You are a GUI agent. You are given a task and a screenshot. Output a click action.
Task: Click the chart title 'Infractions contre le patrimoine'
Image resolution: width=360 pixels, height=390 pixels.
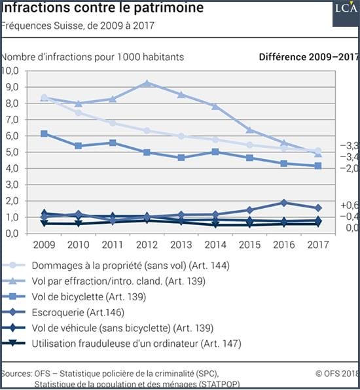tap(102, 7)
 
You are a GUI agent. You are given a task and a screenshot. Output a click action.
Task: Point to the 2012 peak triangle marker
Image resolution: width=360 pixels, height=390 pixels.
tap(147, 83)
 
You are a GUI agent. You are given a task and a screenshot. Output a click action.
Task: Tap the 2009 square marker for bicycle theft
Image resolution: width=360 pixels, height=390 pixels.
tap(44, 133)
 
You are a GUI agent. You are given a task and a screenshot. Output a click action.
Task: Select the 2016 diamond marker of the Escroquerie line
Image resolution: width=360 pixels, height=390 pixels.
tap(283, 203)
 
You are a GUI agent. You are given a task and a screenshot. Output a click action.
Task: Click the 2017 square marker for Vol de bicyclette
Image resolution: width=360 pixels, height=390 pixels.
tap(318, 166)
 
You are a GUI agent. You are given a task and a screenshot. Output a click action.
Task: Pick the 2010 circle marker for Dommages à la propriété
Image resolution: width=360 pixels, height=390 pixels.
tap(79, 113)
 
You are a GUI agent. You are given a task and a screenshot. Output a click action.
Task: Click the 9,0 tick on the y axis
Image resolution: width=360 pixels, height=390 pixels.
tap(12, 87)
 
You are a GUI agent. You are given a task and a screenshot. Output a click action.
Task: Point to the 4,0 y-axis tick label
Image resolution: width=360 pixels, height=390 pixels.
tap(12, 168)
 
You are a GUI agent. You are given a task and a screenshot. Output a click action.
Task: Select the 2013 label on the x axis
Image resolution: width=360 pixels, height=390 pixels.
tap(181, 245)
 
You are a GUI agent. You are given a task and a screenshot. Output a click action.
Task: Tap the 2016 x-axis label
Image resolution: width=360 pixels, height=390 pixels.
tap(284, 245)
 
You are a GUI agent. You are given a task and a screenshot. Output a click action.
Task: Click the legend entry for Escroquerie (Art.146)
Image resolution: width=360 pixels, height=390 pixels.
tap(78, 312)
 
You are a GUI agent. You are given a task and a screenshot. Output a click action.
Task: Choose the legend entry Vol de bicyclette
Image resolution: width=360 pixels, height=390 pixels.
tap(89, 296)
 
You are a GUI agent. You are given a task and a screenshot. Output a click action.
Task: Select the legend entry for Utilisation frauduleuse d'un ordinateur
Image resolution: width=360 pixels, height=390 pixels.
tap(137, 344)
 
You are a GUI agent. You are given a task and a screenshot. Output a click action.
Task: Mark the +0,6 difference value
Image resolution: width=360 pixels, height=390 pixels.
tap(350, 205)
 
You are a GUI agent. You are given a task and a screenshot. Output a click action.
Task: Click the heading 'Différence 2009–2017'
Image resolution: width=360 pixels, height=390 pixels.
tap(309, 57)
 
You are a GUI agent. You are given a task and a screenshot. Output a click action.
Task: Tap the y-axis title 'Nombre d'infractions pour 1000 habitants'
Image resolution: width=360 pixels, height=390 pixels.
tap(92, 57)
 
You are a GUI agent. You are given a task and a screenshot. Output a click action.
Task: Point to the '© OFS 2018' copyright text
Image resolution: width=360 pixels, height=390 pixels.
tap(337, 374)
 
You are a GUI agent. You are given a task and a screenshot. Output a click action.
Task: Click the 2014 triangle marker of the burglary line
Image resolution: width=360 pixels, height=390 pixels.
tap(215, 107)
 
